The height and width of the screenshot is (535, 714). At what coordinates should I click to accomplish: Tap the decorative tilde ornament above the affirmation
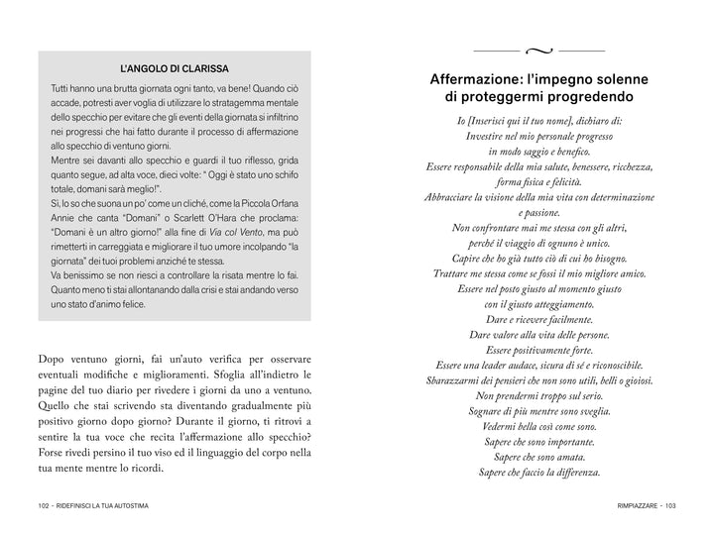click(x=539, y=49)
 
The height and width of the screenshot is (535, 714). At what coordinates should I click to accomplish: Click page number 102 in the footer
click(x=39, y=506)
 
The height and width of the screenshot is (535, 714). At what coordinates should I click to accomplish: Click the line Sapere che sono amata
click(x=539, y=457)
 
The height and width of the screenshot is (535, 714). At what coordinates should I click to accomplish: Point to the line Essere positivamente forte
click(x=539, y=350)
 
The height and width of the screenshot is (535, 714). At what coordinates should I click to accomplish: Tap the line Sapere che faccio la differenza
click(x=539, y=473)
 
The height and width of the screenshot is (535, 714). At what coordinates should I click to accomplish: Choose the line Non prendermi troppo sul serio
click(x=539, y=395)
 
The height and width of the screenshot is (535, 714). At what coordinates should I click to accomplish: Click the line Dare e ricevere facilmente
click(x=539, y=319)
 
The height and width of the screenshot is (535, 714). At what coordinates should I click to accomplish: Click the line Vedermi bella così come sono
click(x=539, y=426)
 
